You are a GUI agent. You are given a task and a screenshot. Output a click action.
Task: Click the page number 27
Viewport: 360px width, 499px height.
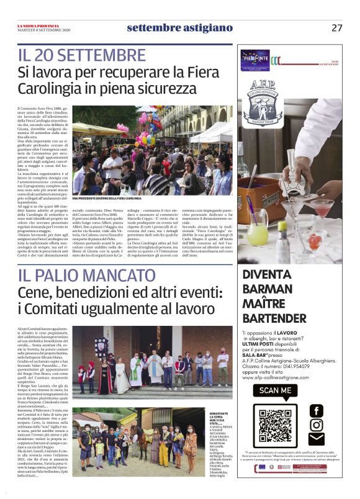pos(337,28)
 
